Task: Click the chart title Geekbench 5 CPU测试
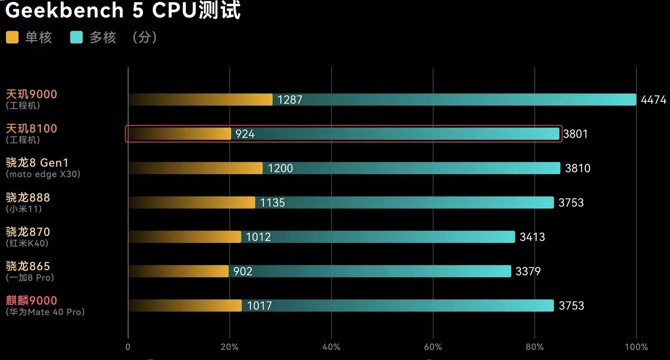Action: tap(122, 10)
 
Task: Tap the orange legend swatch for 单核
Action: tap(12, 37)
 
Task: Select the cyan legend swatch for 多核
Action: tap(76, 37)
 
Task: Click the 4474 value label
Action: tap(653, 100)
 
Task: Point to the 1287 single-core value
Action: tap(290, 100)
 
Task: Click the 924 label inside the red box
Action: tap(245, 134)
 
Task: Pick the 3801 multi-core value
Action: tap(575, 134)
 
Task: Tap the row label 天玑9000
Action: tap(31, 94)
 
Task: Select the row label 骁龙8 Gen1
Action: tap(37, 162)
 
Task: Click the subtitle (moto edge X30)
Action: tap(43, 174)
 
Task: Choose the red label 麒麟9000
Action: tap(31, 300)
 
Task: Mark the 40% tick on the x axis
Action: tap(331, 347)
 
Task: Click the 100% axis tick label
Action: tap(636, 347)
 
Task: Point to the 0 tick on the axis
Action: tap(128, 347)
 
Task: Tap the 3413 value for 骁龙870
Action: tap(532, 237)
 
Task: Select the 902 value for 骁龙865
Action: tap(242, 271)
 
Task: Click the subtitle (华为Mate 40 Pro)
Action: tap(45, 312)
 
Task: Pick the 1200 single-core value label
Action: tap(280, 168)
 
